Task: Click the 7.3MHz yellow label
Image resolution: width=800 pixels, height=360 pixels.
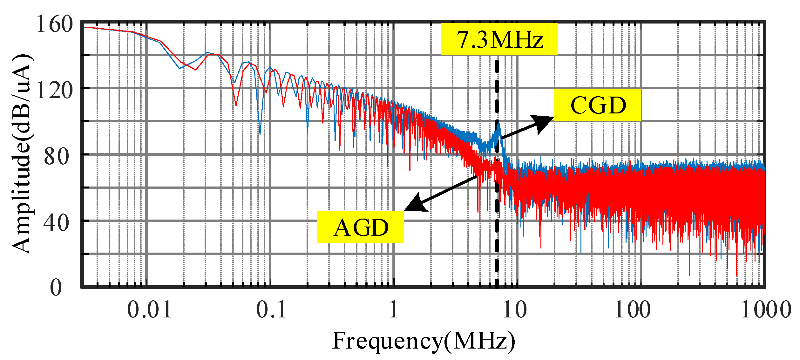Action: (499, 39)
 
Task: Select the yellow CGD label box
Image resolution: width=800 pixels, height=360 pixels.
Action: (597, 105)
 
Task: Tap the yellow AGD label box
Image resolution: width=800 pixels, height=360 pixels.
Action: (360, 227)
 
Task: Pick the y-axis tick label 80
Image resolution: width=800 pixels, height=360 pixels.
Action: (56, 156)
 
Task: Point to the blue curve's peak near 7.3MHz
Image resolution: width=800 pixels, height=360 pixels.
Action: (498, 125)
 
